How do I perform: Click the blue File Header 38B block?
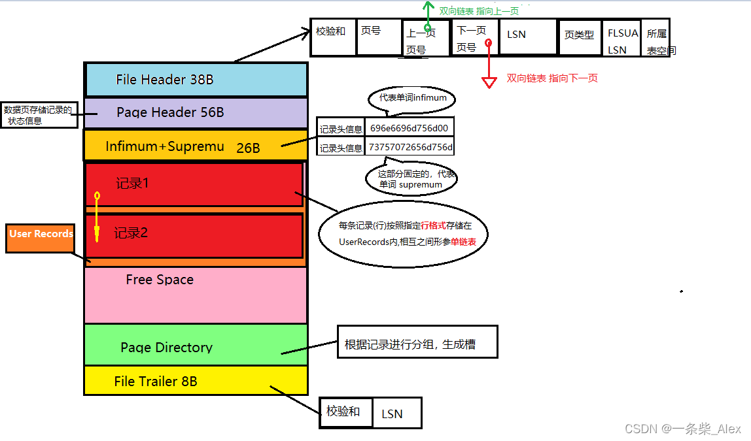196,80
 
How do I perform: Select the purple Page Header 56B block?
196,112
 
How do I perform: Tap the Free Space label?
160,280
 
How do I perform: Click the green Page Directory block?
196,344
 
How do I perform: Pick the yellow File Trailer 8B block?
196,381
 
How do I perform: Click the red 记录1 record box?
194,184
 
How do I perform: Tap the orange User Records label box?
41,238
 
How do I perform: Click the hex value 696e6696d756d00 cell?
409,128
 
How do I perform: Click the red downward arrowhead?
489,82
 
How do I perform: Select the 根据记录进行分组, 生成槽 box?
417,344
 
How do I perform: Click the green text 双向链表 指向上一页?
479,11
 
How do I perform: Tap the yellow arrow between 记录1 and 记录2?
97,216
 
